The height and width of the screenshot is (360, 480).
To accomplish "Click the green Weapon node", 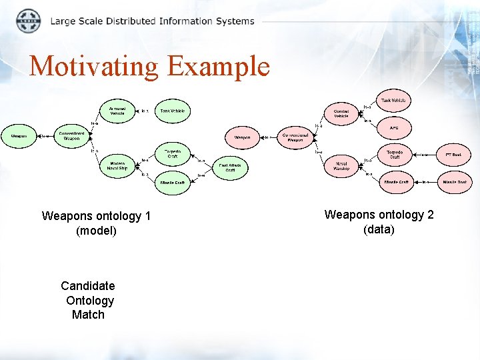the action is coord(19,136).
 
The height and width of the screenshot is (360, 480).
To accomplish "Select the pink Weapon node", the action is coord(242,137).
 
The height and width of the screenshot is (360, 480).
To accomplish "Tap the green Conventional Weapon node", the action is coord(71,136).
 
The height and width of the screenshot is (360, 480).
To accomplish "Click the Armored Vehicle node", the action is coord(117,111).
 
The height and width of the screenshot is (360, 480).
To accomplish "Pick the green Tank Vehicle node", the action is coord(173,111).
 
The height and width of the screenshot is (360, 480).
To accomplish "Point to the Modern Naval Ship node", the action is coord(117,166).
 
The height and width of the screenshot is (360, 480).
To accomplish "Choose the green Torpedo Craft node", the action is coord(173,153).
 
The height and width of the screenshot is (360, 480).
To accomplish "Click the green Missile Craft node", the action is coord(173,182).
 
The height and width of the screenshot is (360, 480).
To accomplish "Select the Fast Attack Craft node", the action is coord(230,168).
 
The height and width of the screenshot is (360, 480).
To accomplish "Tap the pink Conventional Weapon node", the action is coord(295,137).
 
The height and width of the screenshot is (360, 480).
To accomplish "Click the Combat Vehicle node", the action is coord(341,113).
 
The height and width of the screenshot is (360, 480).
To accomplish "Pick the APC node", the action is coord(394,127).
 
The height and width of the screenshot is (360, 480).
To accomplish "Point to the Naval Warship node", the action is coord(341,167).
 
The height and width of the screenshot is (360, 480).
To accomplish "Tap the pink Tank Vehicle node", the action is coord(393,101).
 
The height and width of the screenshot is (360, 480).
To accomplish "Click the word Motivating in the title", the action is coord(94,66).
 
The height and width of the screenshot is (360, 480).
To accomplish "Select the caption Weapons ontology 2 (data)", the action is coord(379,222).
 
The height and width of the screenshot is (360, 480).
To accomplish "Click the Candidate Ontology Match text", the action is coord(88,300).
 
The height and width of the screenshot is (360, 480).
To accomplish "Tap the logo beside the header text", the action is coord(28,21).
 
